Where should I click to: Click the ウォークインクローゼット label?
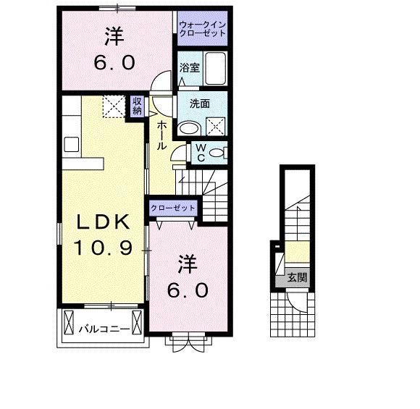point(203,29)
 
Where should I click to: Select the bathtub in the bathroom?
point(215,69)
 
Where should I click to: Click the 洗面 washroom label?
point(200,103)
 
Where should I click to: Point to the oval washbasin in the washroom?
point(189,128)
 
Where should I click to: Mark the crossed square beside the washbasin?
point(215,127)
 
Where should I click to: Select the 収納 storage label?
point(137,106)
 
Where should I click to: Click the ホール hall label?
point(161,135)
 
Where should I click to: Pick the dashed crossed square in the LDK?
point(113,107)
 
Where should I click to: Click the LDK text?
point(101,221)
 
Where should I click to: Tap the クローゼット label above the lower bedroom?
point(174,208)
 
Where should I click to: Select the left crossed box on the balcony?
point(69,319)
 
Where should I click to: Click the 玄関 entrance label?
point(295,277)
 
